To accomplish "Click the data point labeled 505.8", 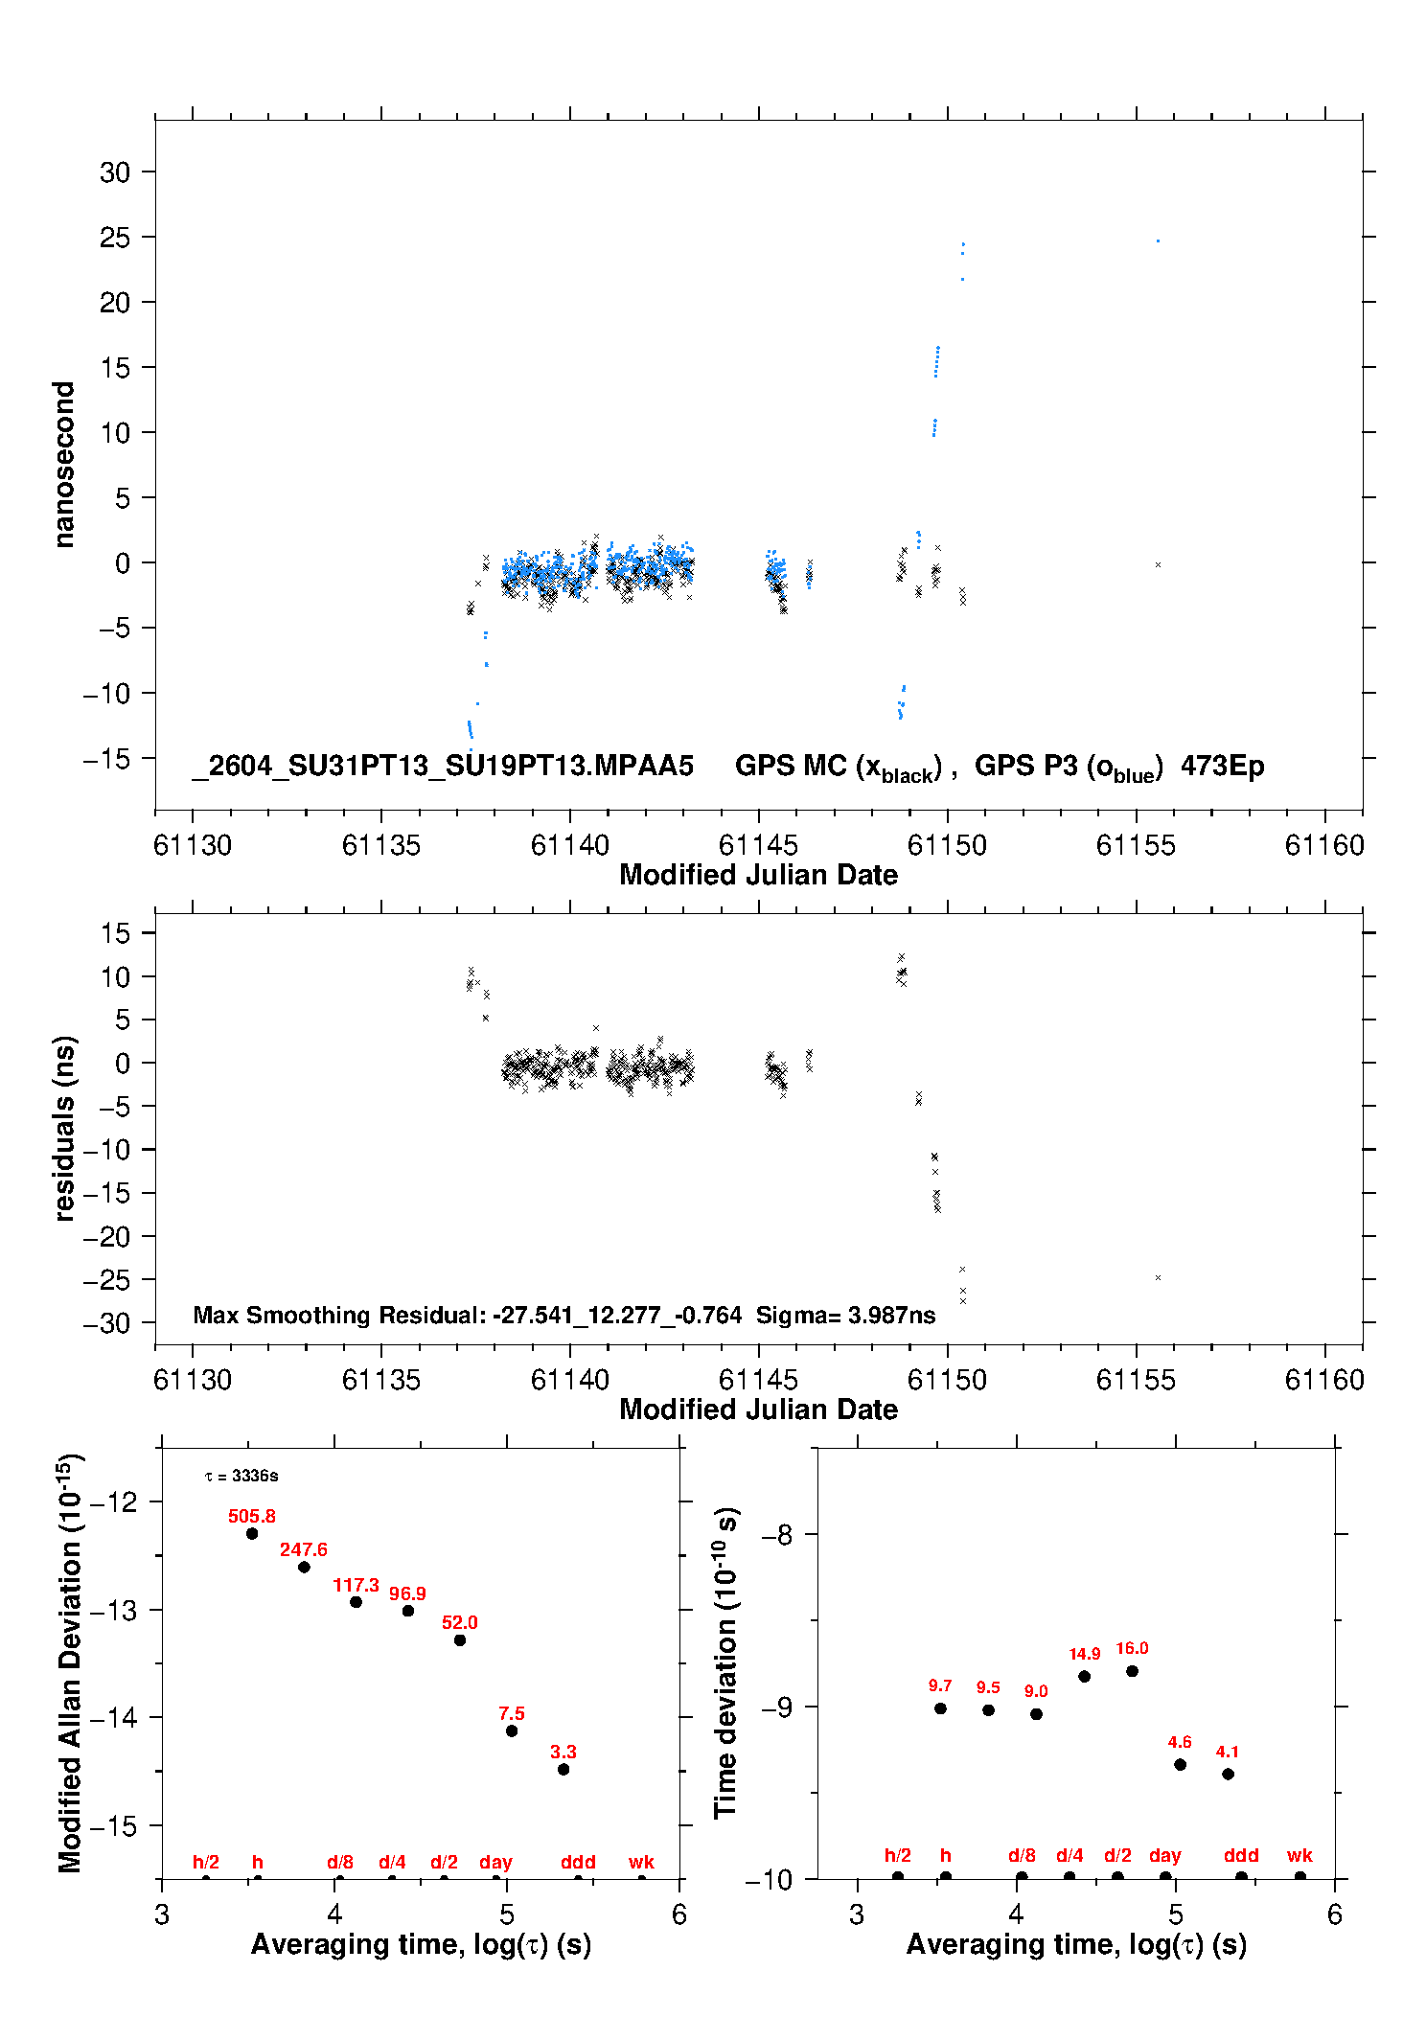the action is pos(252,1533).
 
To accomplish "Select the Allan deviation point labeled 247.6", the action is pos(304,1567).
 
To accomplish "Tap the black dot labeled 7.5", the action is pos(512,1730).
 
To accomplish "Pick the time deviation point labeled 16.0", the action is pos(1132,1671).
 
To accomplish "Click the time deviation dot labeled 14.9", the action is pos(1084,1676).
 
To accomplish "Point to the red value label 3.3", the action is pos(563,1752).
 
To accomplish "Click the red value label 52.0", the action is pos(460,1622).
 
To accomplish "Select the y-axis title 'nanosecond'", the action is pos(64,464).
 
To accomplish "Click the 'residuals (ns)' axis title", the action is pos(64,1128).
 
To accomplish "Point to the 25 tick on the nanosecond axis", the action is pos(115,237).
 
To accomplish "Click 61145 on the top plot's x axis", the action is pos(758,845).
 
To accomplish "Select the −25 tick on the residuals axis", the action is pos(106,1279).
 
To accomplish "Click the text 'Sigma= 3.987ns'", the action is pos(845,1315).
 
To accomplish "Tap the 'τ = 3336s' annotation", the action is pos(241,1476).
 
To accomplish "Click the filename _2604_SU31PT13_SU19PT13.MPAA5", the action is pos(442,766).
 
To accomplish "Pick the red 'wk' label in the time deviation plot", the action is pos(1299,1855).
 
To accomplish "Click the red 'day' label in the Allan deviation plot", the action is pos(495,1862).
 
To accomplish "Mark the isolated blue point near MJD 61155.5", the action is pos(1158,241).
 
